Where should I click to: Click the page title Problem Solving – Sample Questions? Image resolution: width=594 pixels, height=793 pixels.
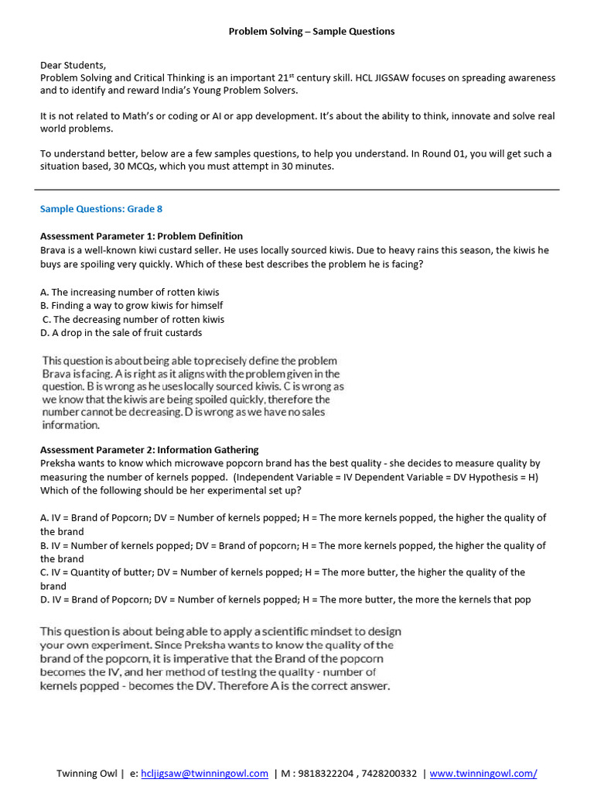[311, 31]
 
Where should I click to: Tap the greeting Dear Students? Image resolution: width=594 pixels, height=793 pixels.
[73, 65]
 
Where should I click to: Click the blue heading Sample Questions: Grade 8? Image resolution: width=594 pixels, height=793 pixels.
[101, 209]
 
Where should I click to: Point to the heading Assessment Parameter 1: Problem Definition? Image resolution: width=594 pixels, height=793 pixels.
[142, 236]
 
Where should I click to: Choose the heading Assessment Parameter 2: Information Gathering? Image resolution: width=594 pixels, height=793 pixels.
[149, 450]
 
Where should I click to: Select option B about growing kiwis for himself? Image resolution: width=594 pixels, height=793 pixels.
[131, 305]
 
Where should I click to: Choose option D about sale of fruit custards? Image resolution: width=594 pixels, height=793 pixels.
[121, 332]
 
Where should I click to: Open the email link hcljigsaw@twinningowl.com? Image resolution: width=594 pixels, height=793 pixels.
[204, 773]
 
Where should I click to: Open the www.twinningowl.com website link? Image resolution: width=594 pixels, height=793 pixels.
[483, 773]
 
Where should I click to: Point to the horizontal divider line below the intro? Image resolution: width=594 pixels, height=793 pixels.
[297, 189]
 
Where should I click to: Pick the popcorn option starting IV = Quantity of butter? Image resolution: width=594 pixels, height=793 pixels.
[282, 572]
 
